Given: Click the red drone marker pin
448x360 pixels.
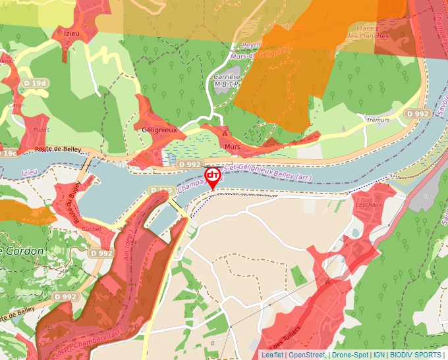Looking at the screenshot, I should tap(212, 176).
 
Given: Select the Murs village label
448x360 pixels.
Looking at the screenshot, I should tap(232, 147).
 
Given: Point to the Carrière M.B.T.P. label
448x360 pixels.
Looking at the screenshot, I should tap(225, 80).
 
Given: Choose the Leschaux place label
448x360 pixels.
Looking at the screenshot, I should tap(369, 205).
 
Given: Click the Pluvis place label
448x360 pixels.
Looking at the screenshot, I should tap(40, 130).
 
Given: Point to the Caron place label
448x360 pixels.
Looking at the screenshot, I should tap(16, 105).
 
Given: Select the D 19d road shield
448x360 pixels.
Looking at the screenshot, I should tap(36, 84).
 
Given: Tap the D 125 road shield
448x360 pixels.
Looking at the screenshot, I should tap(161, 191).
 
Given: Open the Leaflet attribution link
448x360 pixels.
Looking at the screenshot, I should tap(272, 355).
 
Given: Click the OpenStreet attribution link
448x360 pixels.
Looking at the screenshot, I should tap(307, 355).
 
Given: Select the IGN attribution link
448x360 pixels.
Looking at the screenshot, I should tap(379, 355).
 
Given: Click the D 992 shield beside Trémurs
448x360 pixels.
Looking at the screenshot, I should tap(418, 114).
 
